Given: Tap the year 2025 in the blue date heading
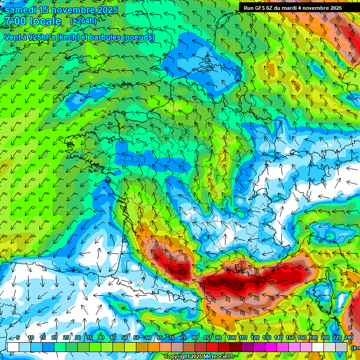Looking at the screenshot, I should pos(105,9).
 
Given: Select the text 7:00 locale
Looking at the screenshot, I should pos(33,21).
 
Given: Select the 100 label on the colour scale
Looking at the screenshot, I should pos(231,338).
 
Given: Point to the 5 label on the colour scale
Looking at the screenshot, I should pos(18,338).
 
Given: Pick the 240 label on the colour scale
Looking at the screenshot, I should pos(349,338).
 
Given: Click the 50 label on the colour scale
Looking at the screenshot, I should pos(125,338).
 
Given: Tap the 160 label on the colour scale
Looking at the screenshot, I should pos(301,338).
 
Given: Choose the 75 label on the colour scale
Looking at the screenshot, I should pos(183,338).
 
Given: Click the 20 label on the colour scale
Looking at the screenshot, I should pos(54,338).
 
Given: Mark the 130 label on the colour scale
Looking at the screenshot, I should pos(266,338).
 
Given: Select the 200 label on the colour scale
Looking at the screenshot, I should pos(325,338).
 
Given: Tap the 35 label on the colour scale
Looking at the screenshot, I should pos(90,338).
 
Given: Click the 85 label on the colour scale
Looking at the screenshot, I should pos(207,338).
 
